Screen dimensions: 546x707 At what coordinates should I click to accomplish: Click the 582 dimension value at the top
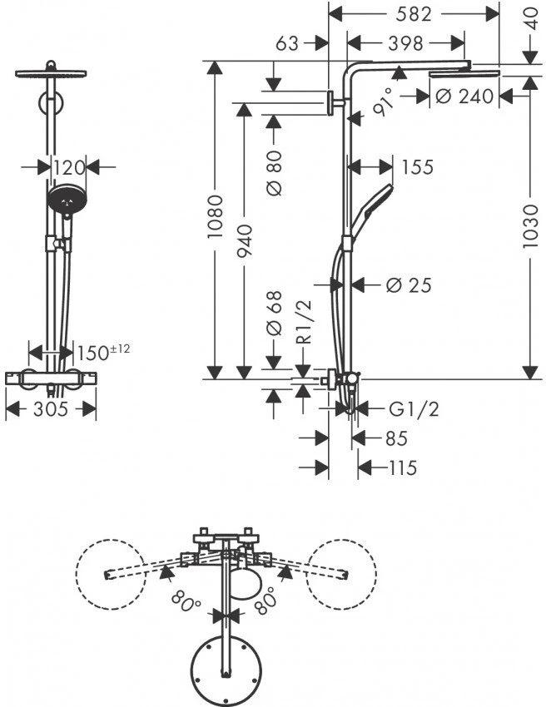point(414,14)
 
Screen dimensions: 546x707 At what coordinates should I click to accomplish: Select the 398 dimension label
point(405,43)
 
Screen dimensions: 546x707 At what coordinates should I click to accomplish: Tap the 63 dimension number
point(287,43)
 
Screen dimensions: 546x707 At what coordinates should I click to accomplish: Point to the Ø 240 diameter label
point(465,96)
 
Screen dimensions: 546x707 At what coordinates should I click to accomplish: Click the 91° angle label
point(385,102)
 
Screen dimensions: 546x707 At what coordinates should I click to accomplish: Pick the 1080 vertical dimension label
point(216,217)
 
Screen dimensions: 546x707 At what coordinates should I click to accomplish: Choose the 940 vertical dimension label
point(245,240)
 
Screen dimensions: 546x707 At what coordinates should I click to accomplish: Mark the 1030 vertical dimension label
point(531,225)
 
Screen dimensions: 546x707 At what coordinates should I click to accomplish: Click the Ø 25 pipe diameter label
point(409,284)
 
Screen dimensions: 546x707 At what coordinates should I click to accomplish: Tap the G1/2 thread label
point(414,409)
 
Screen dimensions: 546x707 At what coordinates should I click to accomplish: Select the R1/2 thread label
point(305,322)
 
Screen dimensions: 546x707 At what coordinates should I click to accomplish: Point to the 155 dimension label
point(417,167)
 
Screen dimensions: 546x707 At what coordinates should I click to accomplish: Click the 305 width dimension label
point(51,409)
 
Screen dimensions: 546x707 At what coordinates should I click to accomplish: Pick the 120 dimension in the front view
point(68,168)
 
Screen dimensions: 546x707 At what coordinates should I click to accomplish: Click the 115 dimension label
point(402,467)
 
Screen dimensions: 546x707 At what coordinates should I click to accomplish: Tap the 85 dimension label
point(397,438)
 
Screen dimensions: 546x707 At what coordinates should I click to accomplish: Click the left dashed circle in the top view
point(112,574)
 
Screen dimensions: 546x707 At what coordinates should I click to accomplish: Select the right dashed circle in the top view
point(341,574)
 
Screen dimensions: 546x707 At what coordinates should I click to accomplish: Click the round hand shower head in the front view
point(67,200)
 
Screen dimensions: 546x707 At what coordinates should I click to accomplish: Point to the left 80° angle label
point(186,601)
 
